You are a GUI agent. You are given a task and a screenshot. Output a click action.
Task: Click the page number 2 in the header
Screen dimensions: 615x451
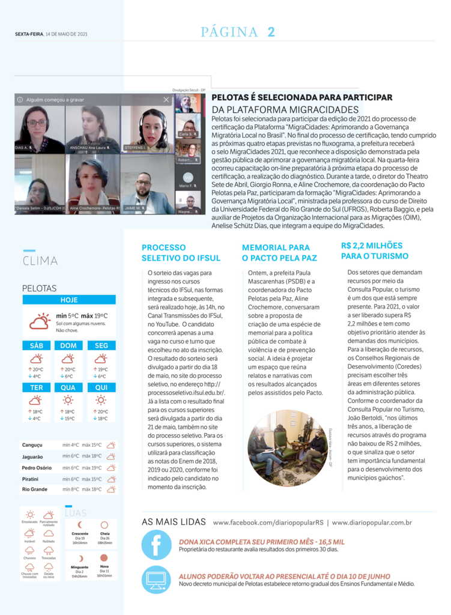[271, 32]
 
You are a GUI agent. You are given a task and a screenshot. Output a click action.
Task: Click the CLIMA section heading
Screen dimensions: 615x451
[40, 261]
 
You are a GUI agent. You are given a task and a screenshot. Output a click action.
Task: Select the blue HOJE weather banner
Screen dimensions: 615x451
[69, 300]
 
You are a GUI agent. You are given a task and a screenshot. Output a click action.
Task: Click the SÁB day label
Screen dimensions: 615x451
[36, 345]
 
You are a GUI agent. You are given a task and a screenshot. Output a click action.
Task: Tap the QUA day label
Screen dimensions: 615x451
[68, 387]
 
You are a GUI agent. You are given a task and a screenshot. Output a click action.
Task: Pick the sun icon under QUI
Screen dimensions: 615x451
[101, 399]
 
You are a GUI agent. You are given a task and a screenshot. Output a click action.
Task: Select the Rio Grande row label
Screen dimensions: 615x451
[35, 489]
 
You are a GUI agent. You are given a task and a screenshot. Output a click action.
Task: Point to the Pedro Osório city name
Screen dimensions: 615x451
[38, 467]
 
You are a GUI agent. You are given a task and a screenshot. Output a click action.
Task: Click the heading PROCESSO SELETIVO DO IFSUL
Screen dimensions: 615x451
[181, 252]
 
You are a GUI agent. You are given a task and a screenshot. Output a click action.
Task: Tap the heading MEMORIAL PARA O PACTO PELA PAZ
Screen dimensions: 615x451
[276, 252]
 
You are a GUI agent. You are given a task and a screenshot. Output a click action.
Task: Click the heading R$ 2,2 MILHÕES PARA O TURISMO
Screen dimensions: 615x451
[375, 250]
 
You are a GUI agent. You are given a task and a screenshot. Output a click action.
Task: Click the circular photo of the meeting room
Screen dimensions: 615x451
[287, 448]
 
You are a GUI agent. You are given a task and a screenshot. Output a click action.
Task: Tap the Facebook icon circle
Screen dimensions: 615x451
[156, 545]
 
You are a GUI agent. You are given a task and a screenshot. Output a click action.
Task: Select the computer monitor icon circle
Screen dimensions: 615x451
[156, 580]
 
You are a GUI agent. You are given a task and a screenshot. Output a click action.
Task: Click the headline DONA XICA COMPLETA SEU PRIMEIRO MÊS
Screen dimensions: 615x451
[261, 542]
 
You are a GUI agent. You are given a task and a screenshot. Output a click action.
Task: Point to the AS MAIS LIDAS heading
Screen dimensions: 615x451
[173, 522]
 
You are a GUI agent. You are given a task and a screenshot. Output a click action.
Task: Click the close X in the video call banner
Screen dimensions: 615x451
[166, 100]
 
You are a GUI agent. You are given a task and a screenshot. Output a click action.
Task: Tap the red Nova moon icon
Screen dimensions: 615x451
[104, 557]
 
